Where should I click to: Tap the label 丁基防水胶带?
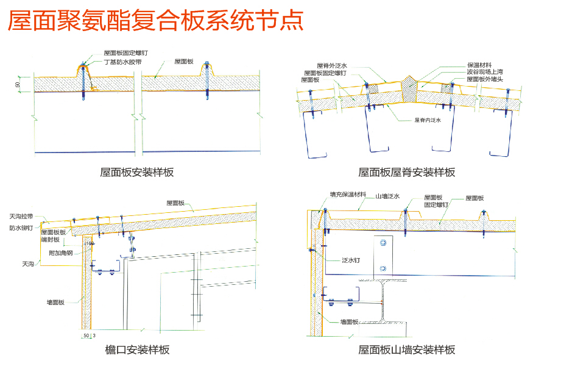122,62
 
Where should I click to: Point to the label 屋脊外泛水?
332,66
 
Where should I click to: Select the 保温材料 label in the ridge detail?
480,65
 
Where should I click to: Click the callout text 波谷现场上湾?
485,72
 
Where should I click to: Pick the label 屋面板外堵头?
485,79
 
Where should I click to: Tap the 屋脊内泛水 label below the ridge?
428,120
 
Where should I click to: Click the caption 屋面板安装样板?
137,173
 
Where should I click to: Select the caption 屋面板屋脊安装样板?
406,173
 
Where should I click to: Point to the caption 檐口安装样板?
137,350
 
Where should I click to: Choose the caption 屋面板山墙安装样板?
406,350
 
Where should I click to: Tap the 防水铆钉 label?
21,228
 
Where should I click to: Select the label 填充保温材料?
348,195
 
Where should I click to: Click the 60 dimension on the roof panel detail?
18,85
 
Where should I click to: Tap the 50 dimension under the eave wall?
86,336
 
